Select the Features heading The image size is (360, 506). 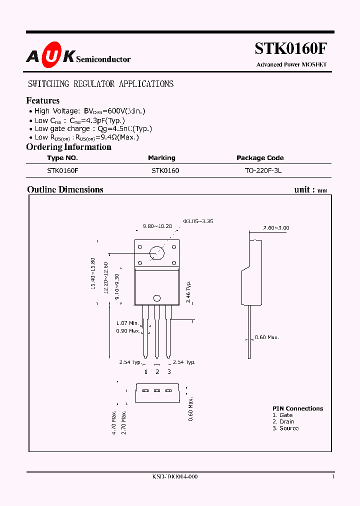click(43, 100)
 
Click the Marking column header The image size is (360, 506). click(161, 158)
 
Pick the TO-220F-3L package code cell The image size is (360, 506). click(260, 170)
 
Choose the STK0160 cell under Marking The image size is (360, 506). click(165, 170)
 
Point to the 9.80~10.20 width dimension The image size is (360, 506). click(157, 226)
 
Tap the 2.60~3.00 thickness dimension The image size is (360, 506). click(276, 228)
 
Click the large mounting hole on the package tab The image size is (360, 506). click(157, 252)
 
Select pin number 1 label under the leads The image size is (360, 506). click(145, 371)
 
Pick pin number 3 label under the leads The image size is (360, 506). click(169, 371)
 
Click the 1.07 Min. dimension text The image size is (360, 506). click(127, 323)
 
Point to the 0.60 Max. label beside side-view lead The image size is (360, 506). click(266, 337)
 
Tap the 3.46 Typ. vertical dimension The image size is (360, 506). click(188, 292)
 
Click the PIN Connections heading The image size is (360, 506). click(297, 408)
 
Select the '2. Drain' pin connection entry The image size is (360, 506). click(283, 421)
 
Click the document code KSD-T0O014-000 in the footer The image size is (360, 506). click(175, 477)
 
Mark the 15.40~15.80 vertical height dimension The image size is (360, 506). click(92, 274)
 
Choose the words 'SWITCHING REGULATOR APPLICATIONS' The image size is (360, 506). click(100, 84)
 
